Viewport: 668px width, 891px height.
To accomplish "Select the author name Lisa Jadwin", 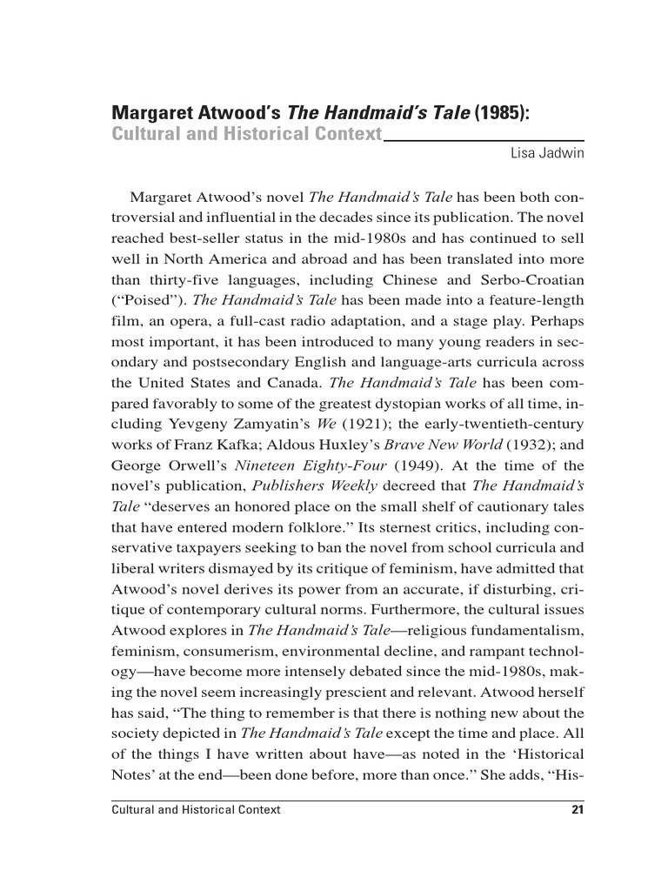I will [546, 153].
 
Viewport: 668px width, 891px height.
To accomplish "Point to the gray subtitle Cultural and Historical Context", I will [247, 134].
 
